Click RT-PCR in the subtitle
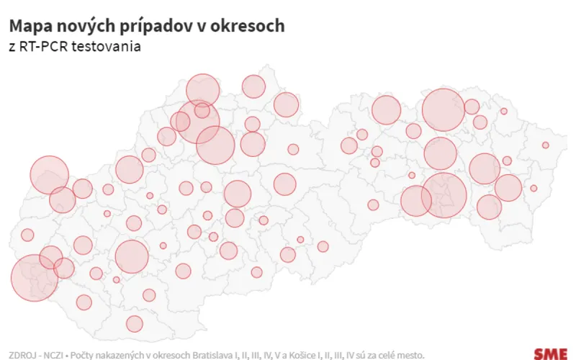point(44,47)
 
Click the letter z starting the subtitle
point(12,48)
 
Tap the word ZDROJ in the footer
point(23,354)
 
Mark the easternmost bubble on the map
point(546,145)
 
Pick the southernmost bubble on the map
point(135,324)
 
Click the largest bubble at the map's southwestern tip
point(35,277)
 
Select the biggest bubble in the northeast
point(443,109)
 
